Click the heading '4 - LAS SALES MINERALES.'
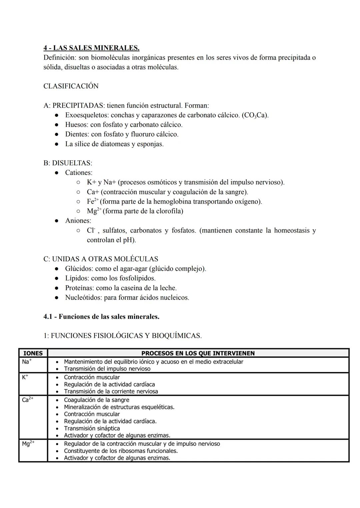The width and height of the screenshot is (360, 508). click(91, 48)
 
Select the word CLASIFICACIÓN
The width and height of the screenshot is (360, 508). click(71, 86)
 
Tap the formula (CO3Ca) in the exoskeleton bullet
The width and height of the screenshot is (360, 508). click(255, 115)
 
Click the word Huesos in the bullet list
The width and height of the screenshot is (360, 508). click(76, 125)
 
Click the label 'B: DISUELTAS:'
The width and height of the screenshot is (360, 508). click(68, 163)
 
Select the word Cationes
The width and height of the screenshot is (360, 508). click(79, 173)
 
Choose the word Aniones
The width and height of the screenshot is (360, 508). click(78, 221)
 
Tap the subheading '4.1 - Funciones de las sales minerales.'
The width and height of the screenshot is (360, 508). click(101, 316)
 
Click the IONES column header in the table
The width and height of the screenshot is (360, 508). click(33, 353)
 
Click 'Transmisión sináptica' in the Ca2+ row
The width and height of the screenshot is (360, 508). click(92, 428)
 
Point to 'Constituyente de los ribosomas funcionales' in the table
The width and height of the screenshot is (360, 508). click(121, 451)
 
